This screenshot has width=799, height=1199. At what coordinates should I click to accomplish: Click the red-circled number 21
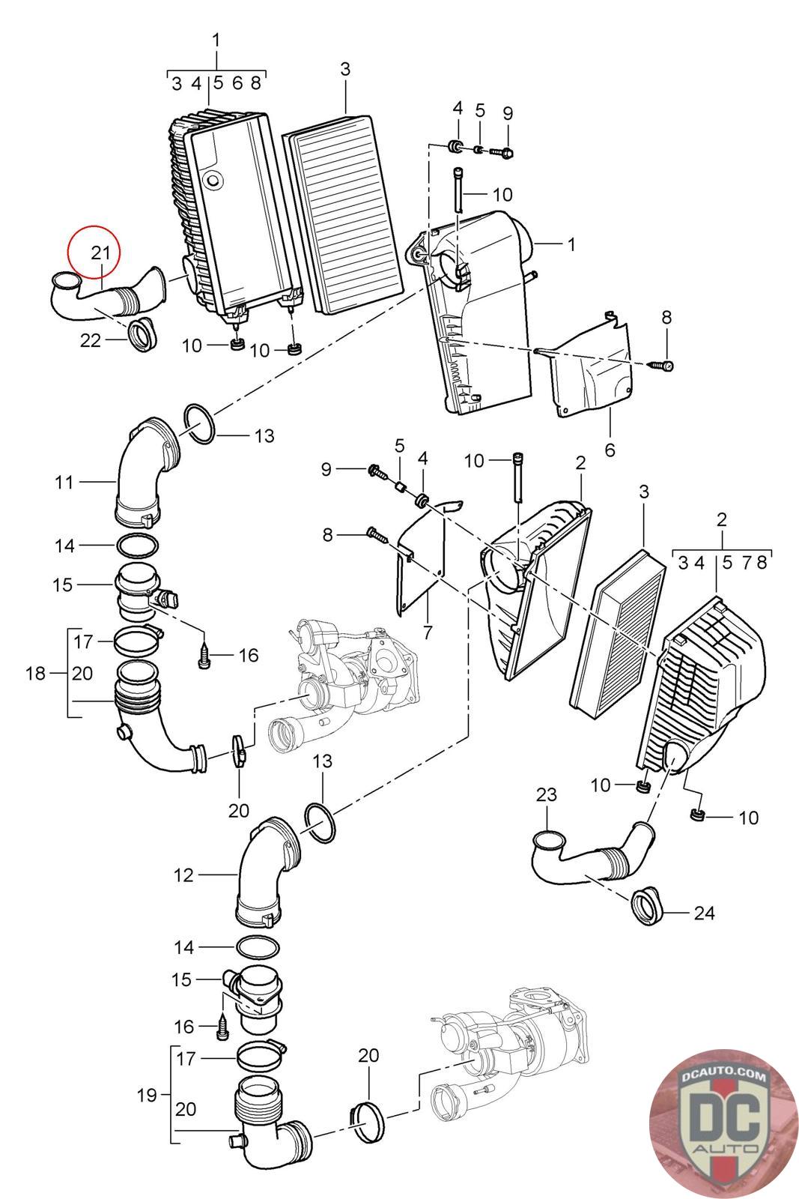(x=100, y=252)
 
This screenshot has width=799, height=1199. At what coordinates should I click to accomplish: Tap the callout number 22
(x=91, y=340)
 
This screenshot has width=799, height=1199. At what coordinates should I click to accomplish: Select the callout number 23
(x=546, y=794)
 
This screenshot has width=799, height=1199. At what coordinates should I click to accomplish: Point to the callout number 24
(x=704, y=913)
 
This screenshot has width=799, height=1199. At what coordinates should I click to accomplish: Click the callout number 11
(x=64, y=483)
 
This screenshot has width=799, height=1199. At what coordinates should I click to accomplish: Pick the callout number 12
(x=183, y=875)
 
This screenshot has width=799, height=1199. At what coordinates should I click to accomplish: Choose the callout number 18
(x=35, y=674)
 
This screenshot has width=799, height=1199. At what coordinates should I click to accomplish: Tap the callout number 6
(x=610, y=450)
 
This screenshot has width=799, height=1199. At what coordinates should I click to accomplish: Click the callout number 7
(x=428, y=632)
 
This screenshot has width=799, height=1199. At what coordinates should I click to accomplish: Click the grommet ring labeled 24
(x=647, y=907)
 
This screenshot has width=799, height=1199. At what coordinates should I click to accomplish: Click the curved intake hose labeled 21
(x=108, y=294)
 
